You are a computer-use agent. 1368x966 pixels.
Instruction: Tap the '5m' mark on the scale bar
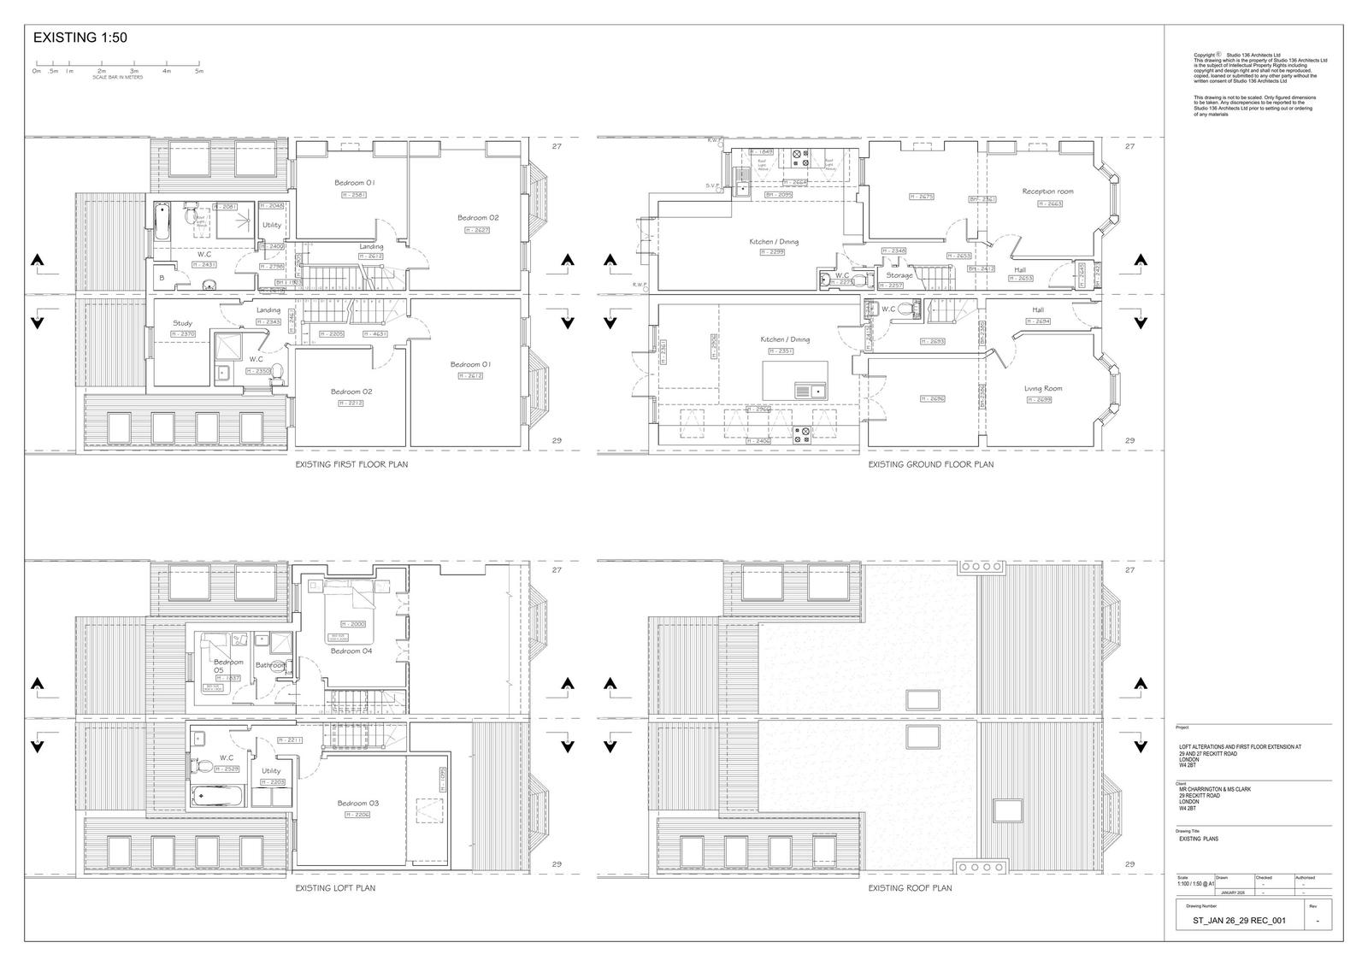click(199, 71)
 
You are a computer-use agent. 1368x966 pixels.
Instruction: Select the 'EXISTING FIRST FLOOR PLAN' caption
click(351, 465)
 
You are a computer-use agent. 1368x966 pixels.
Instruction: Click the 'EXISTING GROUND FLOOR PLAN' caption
click(930, 465)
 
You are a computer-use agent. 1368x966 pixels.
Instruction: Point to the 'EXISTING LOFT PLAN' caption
click(335, 888)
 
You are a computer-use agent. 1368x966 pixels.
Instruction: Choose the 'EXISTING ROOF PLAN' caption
click(910, 888)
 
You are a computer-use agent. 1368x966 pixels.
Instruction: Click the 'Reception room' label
click(1047, 191)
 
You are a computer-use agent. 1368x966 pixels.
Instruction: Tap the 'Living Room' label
click(1043, 389)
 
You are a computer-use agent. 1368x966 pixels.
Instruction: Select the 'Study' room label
click(182, 323)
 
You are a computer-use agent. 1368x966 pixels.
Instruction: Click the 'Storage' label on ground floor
click(899, 275)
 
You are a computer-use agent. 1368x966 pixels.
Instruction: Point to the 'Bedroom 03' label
click(357, 804)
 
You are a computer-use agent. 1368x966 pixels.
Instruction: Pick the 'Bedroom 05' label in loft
click(228, 666)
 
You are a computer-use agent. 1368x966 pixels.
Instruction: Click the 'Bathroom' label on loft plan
click(271, 665)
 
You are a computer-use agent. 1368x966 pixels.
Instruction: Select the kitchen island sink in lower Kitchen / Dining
click(809, 391)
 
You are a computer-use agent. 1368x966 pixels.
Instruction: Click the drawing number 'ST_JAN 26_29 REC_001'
click(1239, 921)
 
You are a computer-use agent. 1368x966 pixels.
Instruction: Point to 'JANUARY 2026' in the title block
click(1233, 892)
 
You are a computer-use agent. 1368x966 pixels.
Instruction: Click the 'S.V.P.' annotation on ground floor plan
click(714, 185)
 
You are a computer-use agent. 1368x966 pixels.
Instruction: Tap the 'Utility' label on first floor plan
click(272, 225)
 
